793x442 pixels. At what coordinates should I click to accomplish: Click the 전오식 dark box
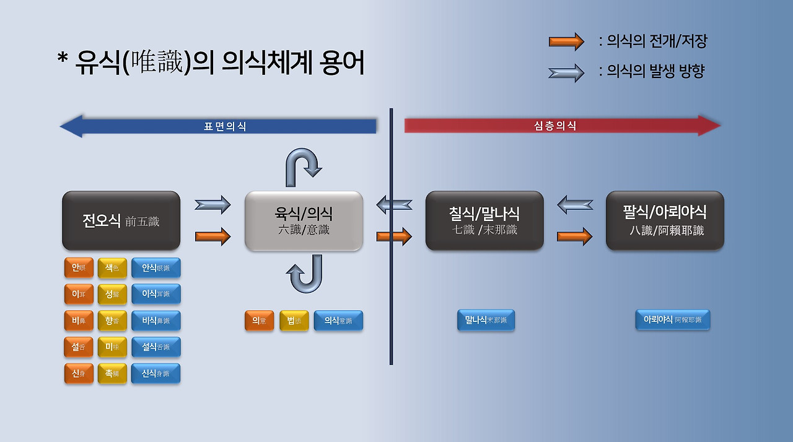[x=121, y=220]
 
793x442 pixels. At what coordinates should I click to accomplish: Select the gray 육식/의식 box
[x=304, y=221]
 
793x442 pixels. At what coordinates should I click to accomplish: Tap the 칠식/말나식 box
[x=484, y=220]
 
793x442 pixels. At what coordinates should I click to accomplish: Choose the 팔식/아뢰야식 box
[x=665, y=220]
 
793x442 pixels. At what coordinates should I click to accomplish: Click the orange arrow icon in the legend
[x=566, y=41]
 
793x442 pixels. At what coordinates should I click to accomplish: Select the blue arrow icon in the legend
[x=566, y=72]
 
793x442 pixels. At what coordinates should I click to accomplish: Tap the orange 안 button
[x=79, y=267]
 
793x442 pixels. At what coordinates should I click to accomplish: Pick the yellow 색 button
[x=112, y=267]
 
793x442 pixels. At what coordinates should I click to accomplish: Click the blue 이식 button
[x=156, y=294]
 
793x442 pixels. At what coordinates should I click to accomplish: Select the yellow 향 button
[x=112, y=321]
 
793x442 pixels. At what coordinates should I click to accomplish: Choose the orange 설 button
[x=79, y=347]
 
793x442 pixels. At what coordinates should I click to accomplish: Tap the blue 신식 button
[x=156, y=373]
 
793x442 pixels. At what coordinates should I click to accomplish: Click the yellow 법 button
[x=294, y=321]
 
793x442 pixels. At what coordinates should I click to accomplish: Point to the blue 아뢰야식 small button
[x=672, y=320]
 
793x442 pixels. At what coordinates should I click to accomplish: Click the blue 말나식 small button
[x=486, y=320]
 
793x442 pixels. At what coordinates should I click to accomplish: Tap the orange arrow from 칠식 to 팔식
[x=574, y=236]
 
